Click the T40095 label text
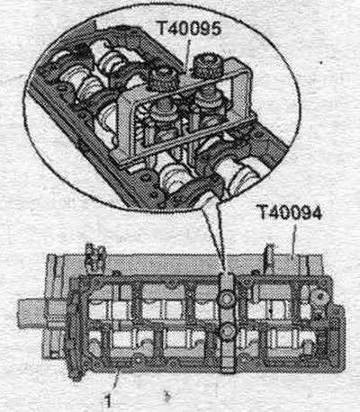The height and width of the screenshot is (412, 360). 189,29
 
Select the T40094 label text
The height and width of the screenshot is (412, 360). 289,213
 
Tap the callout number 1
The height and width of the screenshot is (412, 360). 108,400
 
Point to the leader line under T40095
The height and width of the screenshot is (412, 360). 187,53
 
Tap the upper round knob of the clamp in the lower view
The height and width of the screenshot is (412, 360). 227,298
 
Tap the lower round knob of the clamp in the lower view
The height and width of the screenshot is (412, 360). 228,331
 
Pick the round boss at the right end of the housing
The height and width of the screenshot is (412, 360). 319,296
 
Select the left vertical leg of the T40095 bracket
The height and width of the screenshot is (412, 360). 126,126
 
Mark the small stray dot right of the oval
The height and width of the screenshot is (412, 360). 321,63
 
